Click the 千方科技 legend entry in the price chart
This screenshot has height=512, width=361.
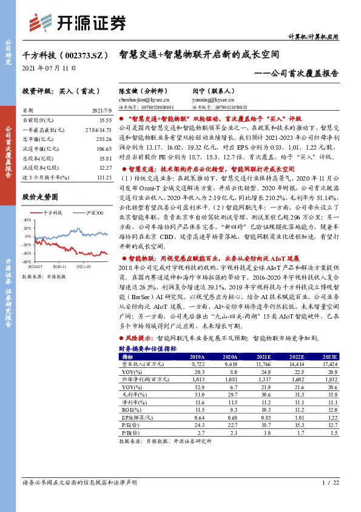tap(53, 212)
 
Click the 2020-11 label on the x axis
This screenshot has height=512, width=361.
tap(59, 266)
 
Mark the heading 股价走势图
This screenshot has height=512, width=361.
tap(39, 197)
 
